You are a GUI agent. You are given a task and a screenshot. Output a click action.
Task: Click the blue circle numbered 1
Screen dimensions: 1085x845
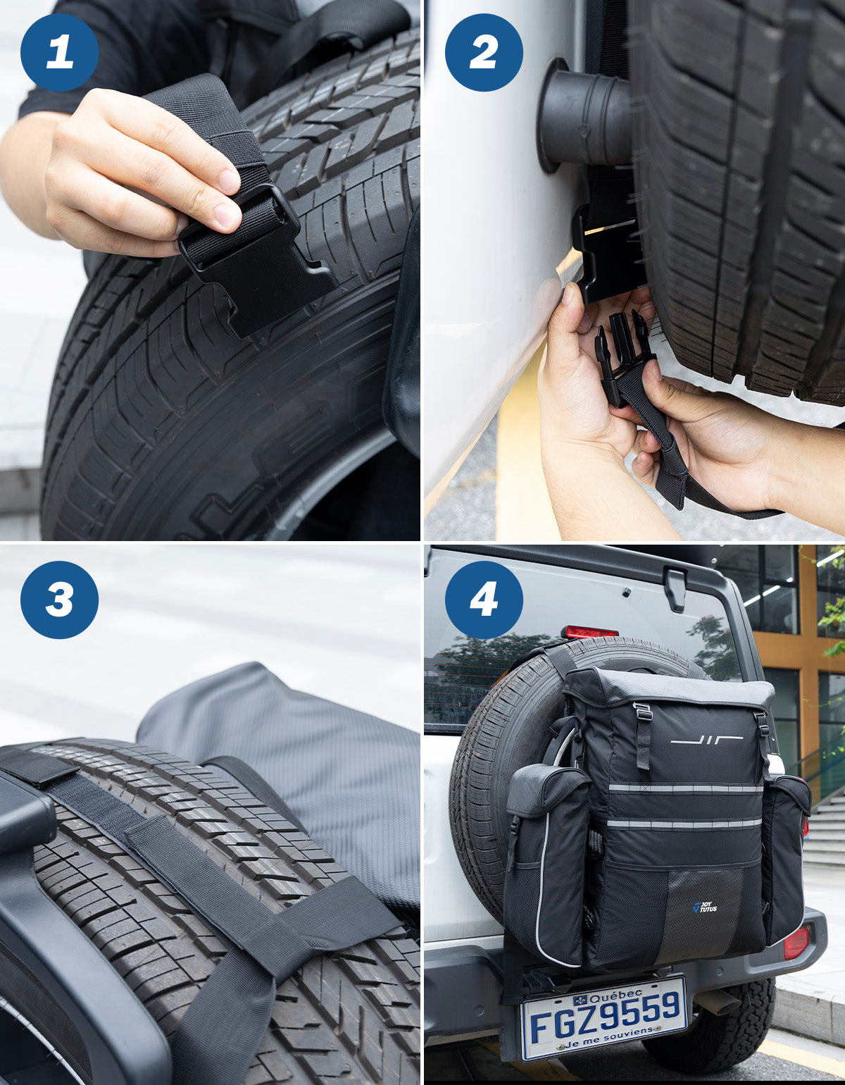(59, 53)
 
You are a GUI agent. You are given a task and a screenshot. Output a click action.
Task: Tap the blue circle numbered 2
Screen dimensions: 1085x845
(484, 53)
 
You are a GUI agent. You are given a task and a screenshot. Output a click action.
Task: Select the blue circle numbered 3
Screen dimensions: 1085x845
(59, 600)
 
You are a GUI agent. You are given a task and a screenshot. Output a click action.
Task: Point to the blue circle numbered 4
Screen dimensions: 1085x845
(484, 600)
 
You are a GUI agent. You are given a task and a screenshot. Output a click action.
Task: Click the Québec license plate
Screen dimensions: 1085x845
(604, 1017)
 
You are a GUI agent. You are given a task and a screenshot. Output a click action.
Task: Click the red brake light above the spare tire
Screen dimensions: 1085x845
(589, 632)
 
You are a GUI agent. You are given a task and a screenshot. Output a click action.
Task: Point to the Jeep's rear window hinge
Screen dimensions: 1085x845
(675, 587)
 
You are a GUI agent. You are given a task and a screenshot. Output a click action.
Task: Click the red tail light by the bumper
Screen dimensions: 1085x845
(796, 942)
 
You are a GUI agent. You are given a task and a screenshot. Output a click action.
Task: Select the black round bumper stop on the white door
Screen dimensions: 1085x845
(584, 116)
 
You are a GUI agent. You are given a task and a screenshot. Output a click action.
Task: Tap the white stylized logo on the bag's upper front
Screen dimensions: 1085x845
(706, 739)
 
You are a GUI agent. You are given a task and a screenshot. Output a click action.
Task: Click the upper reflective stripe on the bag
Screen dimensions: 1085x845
(683, 788)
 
